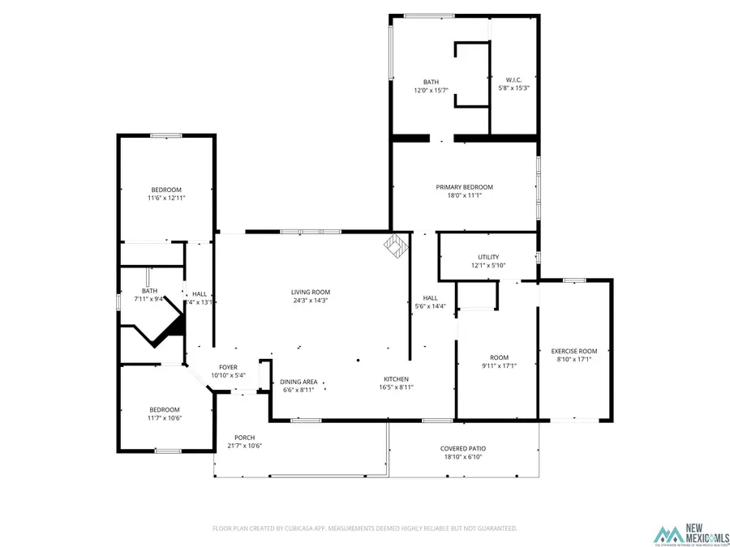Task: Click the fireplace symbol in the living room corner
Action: tap(396, 246)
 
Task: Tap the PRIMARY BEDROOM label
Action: tap(464, 187)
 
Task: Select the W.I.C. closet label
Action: tap(513, 79)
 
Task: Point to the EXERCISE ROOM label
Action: tap(574, 351)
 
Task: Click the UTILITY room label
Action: tap(488, 257)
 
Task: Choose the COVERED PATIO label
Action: tap(464, 448)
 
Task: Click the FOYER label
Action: tap(228, 367)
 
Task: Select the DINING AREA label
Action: tap(298, 382)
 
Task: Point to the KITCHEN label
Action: tap(397, 378)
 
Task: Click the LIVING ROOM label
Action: tap(311, 292)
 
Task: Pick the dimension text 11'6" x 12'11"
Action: tap(166, 198)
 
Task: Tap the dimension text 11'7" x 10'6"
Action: tap(165, 417)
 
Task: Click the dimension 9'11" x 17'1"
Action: tap(499, 365)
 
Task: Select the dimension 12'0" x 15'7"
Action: tap(431, 90)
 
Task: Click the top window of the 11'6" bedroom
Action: tap(166, 135)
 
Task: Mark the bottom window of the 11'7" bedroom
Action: tap(168, 451)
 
